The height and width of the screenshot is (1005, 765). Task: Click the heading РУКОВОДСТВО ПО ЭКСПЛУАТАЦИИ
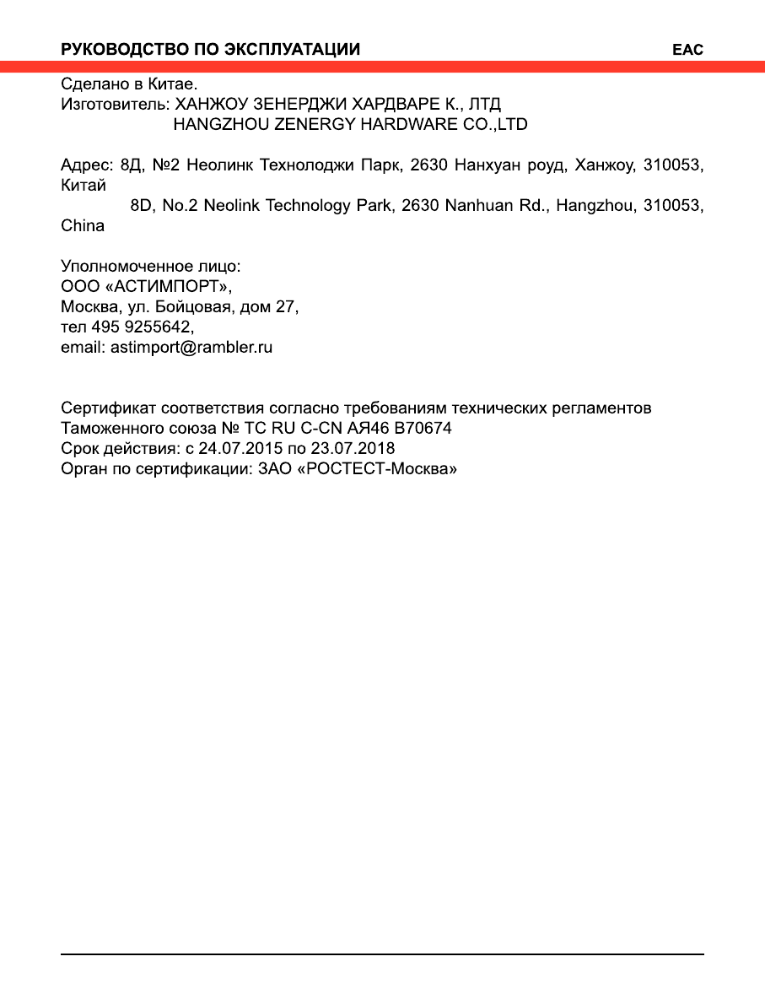(x=211, y=50)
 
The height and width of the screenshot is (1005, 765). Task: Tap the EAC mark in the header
(x=687, y=51)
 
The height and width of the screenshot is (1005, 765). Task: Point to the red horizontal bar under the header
(x=382, y=67)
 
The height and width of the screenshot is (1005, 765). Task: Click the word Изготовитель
(x=114, y=105)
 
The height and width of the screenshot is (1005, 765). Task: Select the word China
(x=83, y=226)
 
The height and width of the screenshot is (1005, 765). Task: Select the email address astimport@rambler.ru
(x=191, y=348)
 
